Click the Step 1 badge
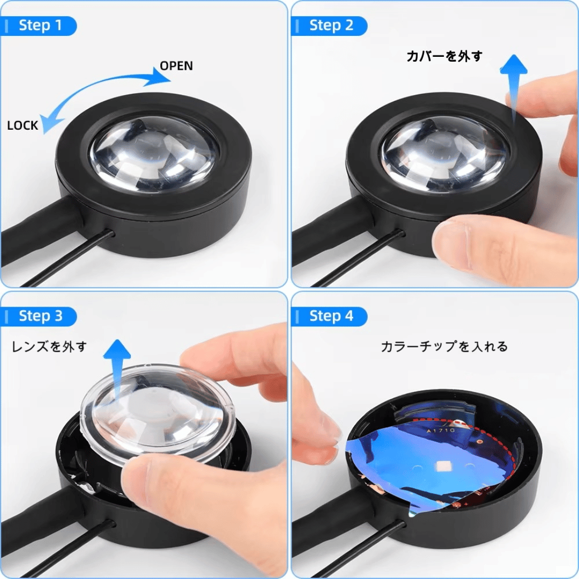pyautogui.click(x=39, y=26)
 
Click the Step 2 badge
pyautogui.click(x=329, y=26)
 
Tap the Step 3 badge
pyautogui.click(x=39, y=316)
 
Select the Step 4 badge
pyautogui.click(x=329, y=316)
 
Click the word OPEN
pyautogui.click(x=176, y=66)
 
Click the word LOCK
pyautogui.click(x=23, y=125)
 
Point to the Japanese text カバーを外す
pyautogui.click(x=444, y=56)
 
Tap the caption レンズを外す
pyautogui.click(x=49, y=347)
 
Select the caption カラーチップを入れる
pyautogui.click(x=444, y=347)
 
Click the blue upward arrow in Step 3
pyautogui.click(x=117, y=369)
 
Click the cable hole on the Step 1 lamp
pyautogui.click(x=109, y=234)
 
